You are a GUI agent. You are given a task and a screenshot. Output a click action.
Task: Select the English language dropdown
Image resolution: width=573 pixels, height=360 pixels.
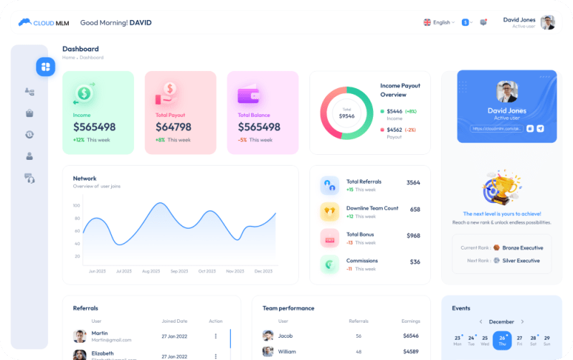click(x=437, y=22)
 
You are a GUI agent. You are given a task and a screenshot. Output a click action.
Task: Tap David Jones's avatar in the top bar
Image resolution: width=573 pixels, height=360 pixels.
click(x=548, y=22)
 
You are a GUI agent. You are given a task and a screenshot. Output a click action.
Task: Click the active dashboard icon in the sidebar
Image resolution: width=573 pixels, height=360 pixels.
click(x=46, y=67)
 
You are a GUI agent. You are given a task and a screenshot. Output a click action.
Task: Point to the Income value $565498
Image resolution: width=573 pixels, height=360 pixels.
click(x=94, y=127)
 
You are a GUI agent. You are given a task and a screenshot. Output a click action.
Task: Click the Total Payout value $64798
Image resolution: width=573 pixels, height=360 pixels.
click(x=174, y=127)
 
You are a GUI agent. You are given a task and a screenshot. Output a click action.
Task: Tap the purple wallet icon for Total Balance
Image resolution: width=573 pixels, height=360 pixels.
click(x=248, y=95)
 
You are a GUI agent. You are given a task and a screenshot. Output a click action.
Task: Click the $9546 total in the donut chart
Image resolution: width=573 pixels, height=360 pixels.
click(x=346, y=115)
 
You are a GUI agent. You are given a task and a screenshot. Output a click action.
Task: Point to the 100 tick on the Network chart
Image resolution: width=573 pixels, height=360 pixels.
click(x=76, y=206)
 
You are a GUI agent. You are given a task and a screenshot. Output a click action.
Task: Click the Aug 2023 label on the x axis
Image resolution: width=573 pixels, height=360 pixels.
click(x=151, y=271)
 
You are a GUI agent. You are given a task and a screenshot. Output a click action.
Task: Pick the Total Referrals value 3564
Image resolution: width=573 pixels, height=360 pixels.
click(x=413, y=183)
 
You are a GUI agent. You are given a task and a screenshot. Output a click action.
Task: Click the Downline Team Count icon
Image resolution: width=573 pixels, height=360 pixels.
click(x=330, y=212)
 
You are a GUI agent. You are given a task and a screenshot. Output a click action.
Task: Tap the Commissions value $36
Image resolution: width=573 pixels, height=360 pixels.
click(x=415, y=262)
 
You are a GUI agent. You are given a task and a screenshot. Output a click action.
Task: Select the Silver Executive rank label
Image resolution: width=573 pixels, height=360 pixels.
click(x=521, y=260)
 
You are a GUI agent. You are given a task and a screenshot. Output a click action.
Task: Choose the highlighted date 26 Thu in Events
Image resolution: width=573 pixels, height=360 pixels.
click(x=502, y=340)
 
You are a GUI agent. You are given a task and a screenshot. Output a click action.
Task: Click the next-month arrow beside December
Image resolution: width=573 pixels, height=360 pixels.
click(x=522, y=322)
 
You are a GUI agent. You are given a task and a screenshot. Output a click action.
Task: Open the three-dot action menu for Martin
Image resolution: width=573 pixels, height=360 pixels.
click(x=215, y=336)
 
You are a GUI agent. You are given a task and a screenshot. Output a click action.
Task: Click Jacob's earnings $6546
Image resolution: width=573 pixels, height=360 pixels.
click(x=411, y=336)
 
